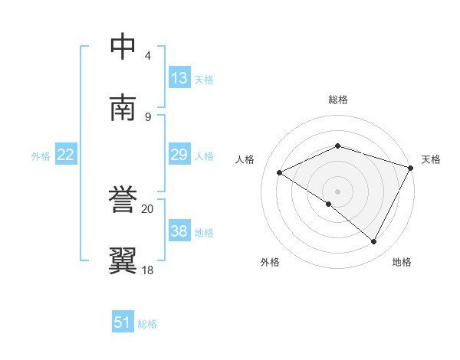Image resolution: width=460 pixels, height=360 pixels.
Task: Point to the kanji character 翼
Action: coord(123,260)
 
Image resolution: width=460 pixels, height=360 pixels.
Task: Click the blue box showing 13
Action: coord(179,78)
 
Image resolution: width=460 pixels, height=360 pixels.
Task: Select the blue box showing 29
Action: coord(179,155)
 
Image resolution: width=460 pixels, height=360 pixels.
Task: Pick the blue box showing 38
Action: coord(179,231)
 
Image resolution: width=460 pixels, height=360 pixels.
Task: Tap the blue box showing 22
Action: coord(66,155)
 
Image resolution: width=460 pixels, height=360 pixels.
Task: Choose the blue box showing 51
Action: coord(123,322)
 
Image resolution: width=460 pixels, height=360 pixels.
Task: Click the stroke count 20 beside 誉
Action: coord(147,208)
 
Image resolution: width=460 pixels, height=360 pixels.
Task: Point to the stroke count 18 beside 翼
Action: coord(147,270)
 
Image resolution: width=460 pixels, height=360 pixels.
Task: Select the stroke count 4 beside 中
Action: coord(147,55)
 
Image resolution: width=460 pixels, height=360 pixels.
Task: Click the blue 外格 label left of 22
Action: coord(41,156)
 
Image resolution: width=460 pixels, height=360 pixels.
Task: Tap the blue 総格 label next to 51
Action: coord(147,324)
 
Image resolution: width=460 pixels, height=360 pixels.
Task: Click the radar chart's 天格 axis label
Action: coord(431,159)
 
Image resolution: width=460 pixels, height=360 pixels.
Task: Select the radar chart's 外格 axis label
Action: coord(270,262)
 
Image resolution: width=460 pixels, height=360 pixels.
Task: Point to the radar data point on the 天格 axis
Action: coord(412,166)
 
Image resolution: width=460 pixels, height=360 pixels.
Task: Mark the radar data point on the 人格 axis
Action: coord(280,173)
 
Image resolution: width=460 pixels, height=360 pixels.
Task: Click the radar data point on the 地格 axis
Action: coord(374,242)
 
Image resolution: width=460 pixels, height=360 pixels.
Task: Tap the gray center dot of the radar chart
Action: coord(337,191)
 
